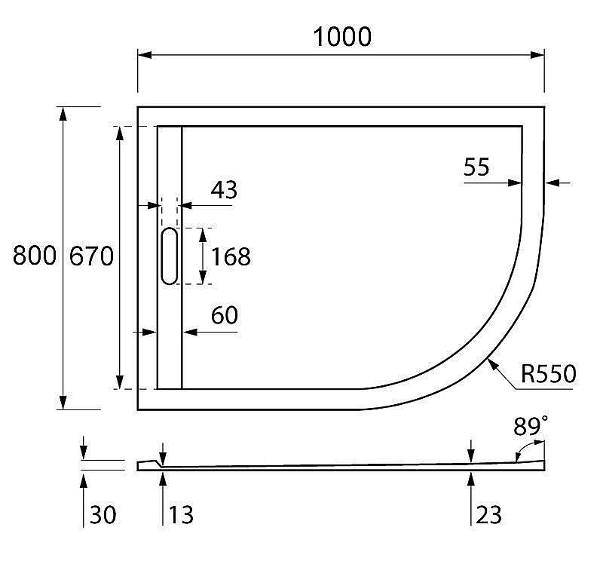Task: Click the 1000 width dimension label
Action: coord(343,35)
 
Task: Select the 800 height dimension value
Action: coord(35,256)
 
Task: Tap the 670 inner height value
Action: coord(92,256)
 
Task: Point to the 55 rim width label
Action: coord(476,167)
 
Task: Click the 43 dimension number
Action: coord(224,190)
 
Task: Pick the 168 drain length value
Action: coord(231,256)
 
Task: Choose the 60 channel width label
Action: coord(224,316)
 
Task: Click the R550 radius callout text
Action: coord(548,373)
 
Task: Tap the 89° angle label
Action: coord(531,427)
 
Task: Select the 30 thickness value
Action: coord(104,515)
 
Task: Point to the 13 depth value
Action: coord(181,515)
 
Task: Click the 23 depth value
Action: coord(488,515)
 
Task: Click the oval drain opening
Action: coord(170,256)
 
